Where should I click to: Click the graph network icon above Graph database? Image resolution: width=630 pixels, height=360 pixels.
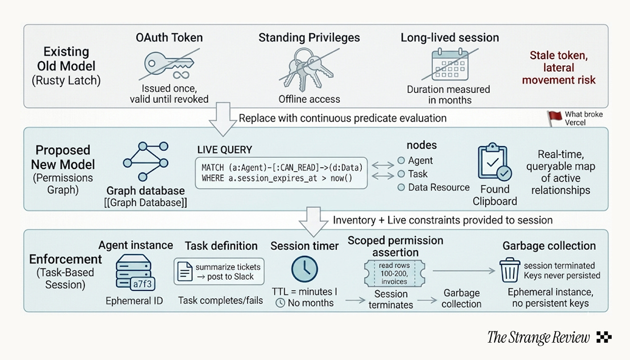(146, 162)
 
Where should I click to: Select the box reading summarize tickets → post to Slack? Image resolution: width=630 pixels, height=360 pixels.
(219, 271)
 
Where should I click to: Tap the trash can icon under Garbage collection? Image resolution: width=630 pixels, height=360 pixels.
(508, 270)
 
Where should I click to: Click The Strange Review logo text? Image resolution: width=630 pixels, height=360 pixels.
(539, 338)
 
